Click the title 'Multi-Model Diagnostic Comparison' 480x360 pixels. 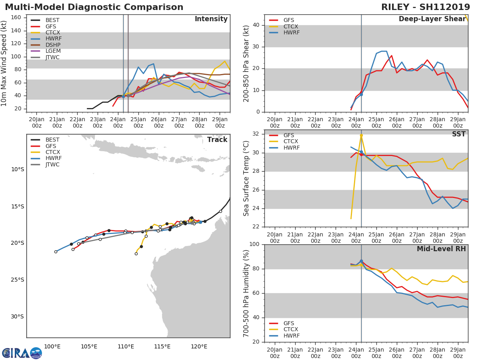pyautogui.click(x=94, y=7)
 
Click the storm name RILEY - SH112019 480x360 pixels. pyautogui.click(x=426, y=7)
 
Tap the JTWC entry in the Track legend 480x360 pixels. pyautogui.click(x=52, y=164)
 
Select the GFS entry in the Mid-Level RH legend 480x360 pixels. pyautogui.click(x=291, y=323)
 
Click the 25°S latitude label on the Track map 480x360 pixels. pyautogui.click(x=18, y=280)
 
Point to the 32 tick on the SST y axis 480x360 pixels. pyautogui.click(x=255, y=134)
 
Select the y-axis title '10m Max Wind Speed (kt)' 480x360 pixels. pyautogui.click(x=4, y=63)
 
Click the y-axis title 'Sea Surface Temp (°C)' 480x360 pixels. pyautogui.click(x=246, y=178)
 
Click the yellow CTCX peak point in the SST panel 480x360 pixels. pyautogui.click(x=361, y=136)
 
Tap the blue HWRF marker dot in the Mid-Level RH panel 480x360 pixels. pyautogui.click(x=361, y=261)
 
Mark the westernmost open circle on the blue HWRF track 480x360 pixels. pyautogui.click(x=56, y=252)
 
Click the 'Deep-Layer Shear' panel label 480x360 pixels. pyautogui.click(x=432, y=19)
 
